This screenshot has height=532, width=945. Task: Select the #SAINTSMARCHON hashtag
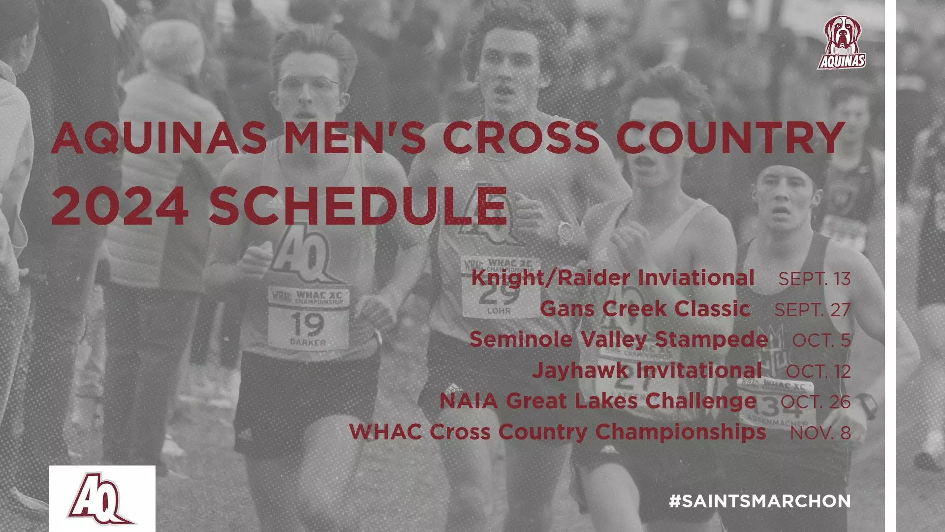point(760,501)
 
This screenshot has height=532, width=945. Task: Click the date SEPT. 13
point(814,279)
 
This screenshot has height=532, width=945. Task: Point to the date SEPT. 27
point(812,310)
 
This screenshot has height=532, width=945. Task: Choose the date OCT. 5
point(821,340)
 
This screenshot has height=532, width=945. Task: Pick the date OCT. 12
point(818,371)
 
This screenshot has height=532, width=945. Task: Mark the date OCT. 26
point(816,402)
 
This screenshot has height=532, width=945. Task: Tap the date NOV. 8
point(820,433)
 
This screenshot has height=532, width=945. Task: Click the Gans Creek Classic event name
point(645,309)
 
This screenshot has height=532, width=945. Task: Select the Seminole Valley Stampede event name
point(619,339)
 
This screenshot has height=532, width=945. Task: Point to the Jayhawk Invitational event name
point(647,370)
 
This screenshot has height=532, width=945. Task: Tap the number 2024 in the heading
point(120,205)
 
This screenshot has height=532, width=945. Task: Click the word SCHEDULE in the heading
point(358,205)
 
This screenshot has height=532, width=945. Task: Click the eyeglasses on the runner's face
point(309,86)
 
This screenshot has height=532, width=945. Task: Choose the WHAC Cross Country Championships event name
point(557,432)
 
